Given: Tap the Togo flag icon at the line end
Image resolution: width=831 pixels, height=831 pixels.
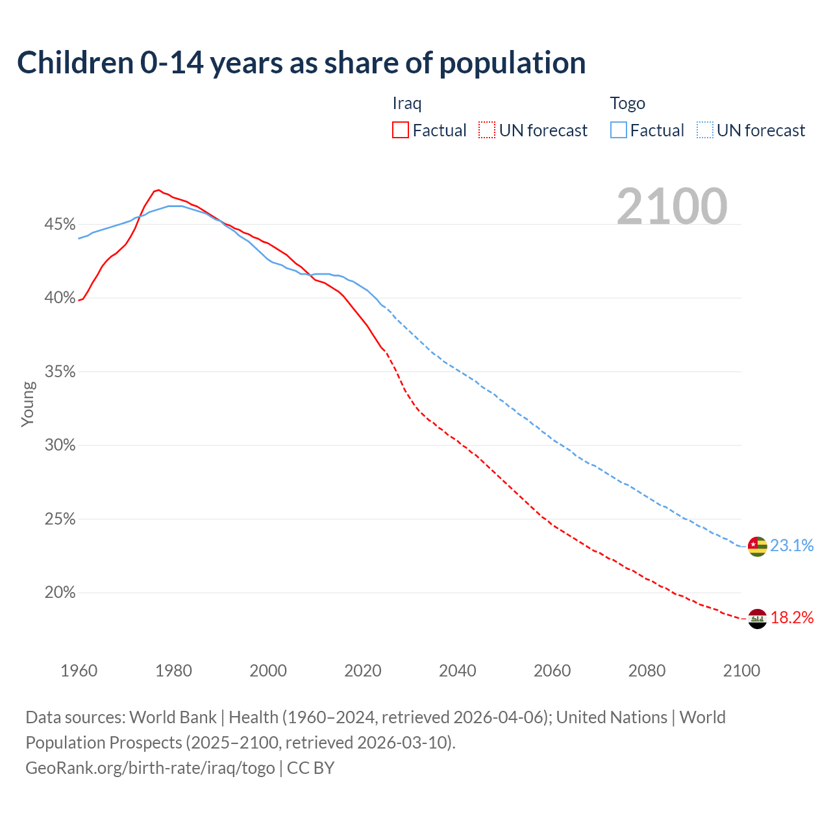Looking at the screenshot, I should point(757,546).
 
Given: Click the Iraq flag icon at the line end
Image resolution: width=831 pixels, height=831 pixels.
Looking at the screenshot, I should point(757,619).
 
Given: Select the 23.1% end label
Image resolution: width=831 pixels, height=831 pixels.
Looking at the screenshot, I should point(792,545).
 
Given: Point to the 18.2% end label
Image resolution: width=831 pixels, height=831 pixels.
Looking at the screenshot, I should point(792,617).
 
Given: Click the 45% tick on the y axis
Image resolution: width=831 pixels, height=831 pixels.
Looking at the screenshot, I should point(60,225).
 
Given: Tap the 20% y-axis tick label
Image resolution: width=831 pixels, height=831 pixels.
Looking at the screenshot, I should point(60,593).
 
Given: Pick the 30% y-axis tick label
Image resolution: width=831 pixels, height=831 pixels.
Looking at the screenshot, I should point(60,445).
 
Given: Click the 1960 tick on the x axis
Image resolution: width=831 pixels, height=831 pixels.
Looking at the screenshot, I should point(79,671).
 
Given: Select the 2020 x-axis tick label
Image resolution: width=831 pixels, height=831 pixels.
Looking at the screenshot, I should point(362,671).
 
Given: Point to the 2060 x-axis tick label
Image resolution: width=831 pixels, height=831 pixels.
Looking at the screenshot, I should point(552,671).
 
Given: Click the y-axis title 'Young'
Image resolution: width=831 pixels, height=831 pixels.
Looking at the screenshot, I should point(27,404).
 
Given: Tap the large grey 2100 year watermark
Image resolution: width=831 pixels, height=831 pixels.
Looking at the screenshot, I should point(672,206).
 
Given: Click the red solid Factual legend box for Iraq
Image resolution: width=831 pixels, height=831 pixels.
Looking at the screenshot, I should point(401,130).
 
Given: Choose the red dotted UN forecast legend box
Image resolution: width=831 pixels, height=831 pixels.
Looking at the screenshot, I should point(487,130).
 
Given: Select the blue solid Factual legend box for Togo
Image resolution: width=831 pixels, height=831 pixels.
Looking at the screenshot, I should point(618,130).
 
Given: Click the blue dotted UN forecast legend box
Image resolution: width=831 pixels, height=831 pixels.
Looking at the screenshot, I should point(704,130).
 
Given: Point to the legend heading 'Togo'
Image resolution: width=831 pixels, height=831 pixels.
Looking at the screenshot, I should point(627,103).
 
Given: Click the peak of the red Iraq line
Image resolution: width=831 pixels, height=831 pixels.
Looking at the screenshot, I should point(158,190).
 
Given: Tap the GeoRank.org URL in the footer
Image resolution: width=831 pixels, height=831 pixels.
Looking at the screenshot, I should point(150,768).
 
